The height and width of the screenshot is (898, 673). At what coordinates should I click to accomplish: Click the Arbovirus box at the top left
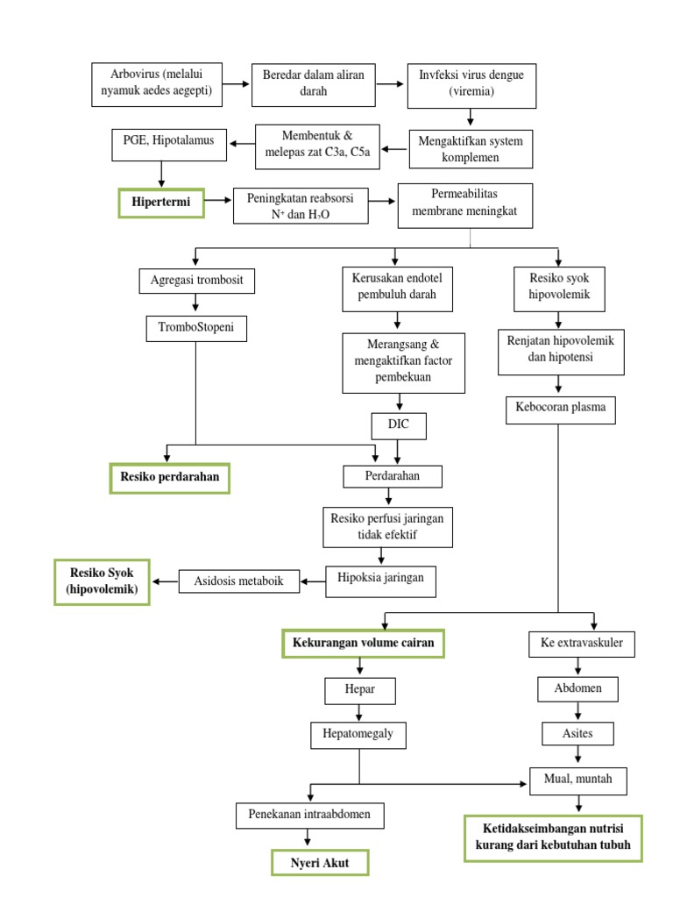[x=155, y=83]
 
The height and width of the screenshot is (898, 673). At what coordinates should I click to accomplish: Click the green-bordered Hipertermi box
[x=160, y=203]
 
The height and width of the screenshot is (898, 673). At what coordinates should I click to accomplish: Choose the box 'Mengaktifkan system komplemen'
[x=471, y=148]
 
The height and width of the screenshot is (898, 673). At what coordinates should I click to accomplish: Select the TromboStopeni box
[x=196, y=329]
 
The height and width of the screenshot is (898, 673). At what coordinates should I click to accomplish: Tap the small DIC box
[x=399, y=426]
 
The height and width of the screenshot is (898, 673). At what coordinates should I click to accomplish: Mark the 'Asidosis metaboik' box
[x=238, y=581]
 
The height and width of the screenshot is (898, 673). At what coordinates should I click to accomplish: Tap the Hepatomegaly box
[x=358, y=735]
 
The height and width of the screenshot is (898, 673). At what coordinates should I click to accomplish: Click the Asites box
[x=577, y=732]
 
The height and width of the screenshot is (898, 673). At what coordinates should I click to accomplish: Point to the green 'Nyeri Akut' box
[x=320, y=863]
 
